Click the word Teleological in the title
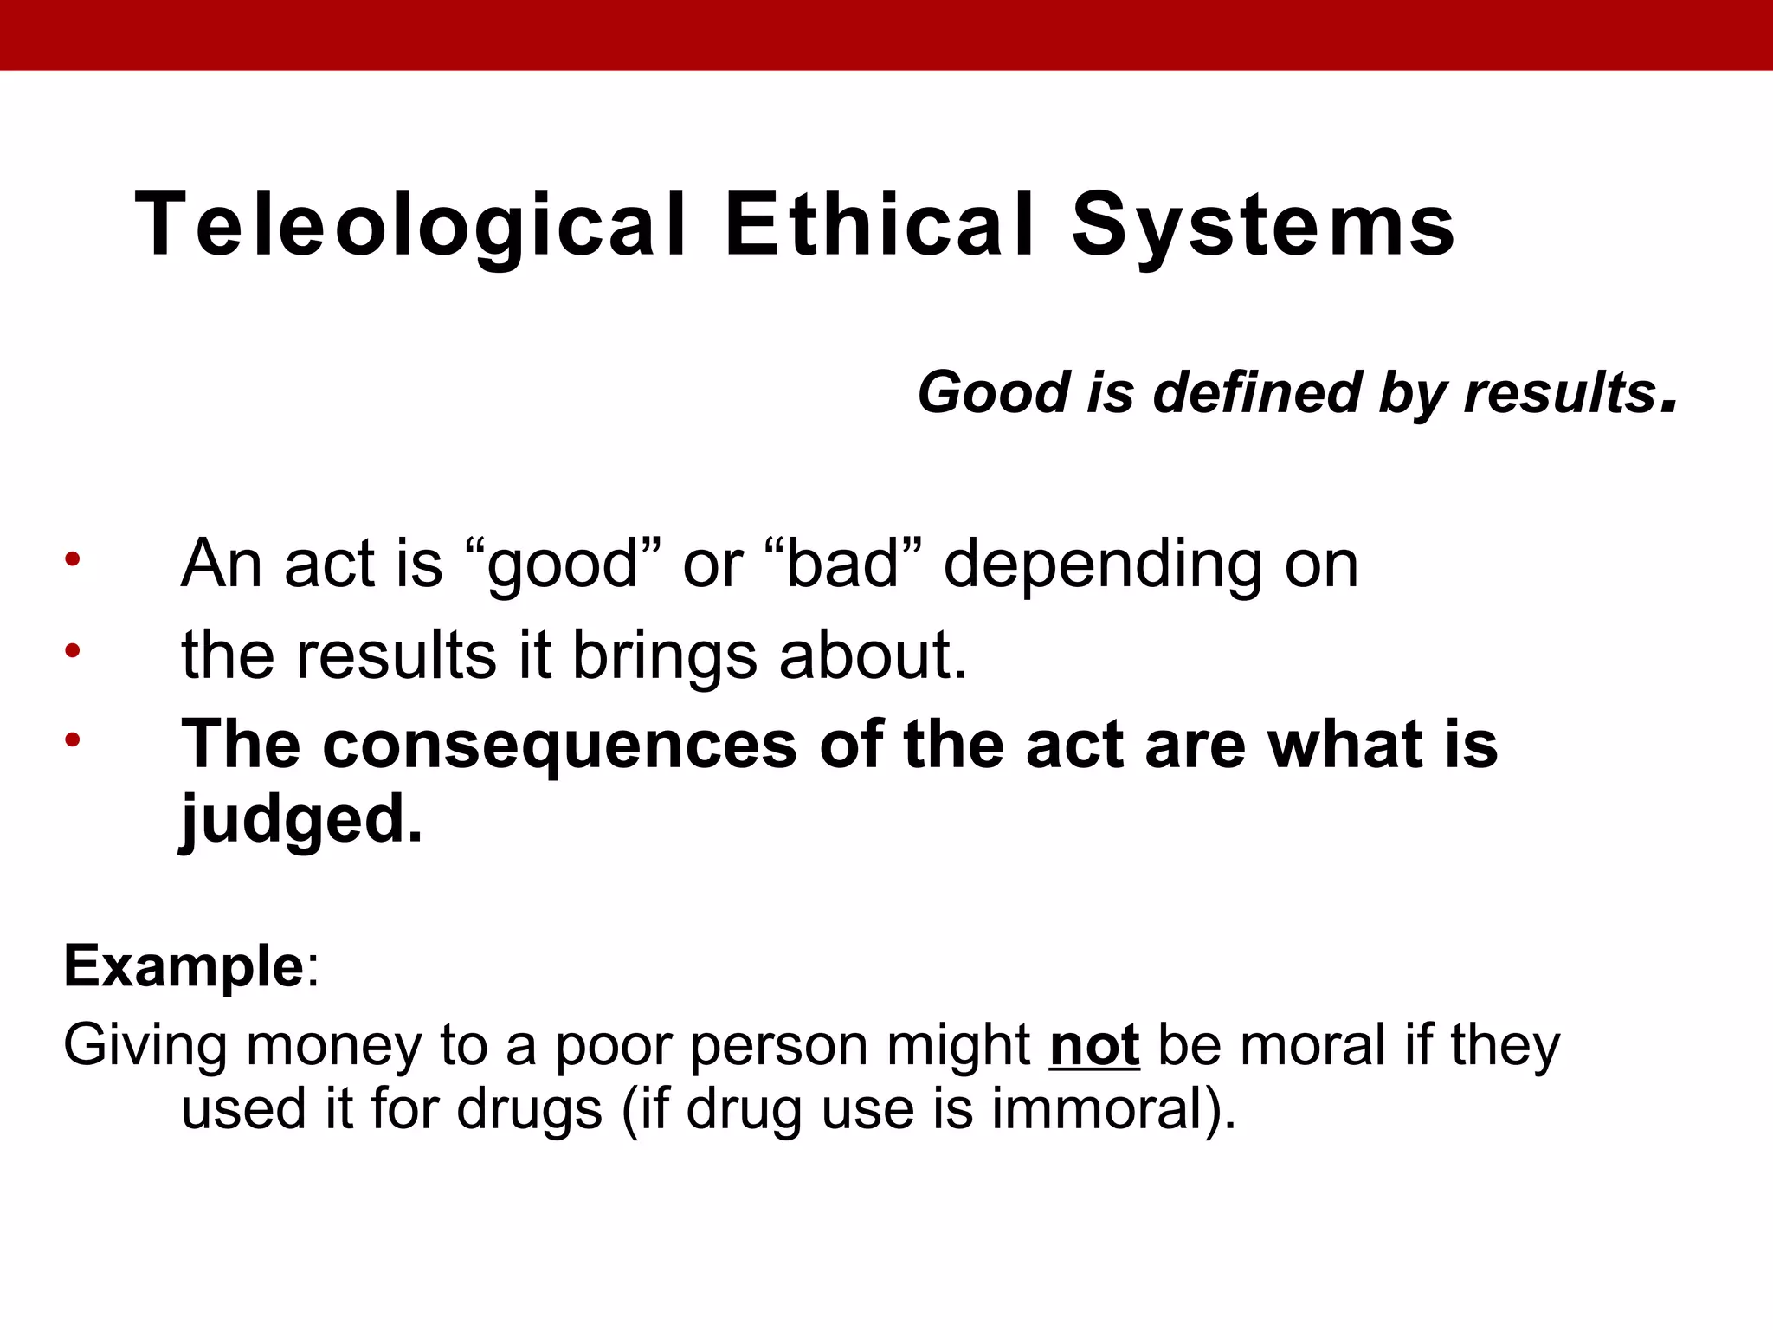coord(411,226)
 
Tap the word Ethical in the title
coord(880,226)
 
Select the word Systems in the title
coord(1263,226)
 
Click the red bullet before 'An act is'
coord(72,558)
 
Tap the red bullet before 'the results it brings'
coord(72,650)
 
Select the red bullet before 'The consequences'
coord(72,739)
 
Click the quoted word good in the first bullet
coord(563,565)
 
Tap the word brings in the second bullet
coord(665,657)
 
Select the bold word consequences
coord(559,745)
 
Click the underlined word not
coord(1094,1046)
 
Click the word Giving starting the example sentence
coord(145,1046)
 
